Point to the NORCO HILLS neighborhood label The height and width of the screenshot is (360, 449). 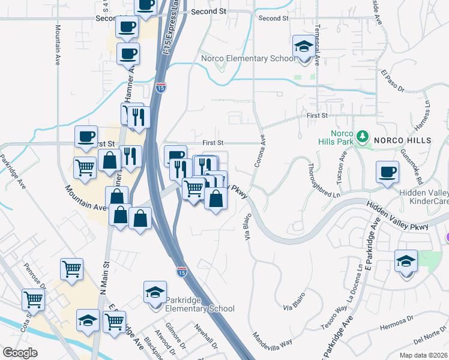pyautogui.click(x=403, y=140)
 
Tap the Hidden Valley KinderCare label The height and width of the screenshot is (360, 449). pyautogui.click(x=424, y=197)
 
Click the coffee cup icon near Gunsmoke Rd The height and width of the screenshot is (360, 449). pyautogui.click(x=387, y=172)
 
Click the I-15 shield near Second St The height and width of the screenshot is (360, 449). pyautogui.click(x=160, y=87)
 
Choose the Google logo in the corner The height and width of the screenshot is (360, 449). pyautogui.click(x=20, y=353)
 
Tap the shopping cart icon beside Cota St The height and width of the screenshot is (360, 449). pyautogui.click(x=33, y=299)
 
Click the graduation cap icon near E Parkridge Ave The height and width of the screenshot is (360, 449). pyautogui.click(x=406, y=262)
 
